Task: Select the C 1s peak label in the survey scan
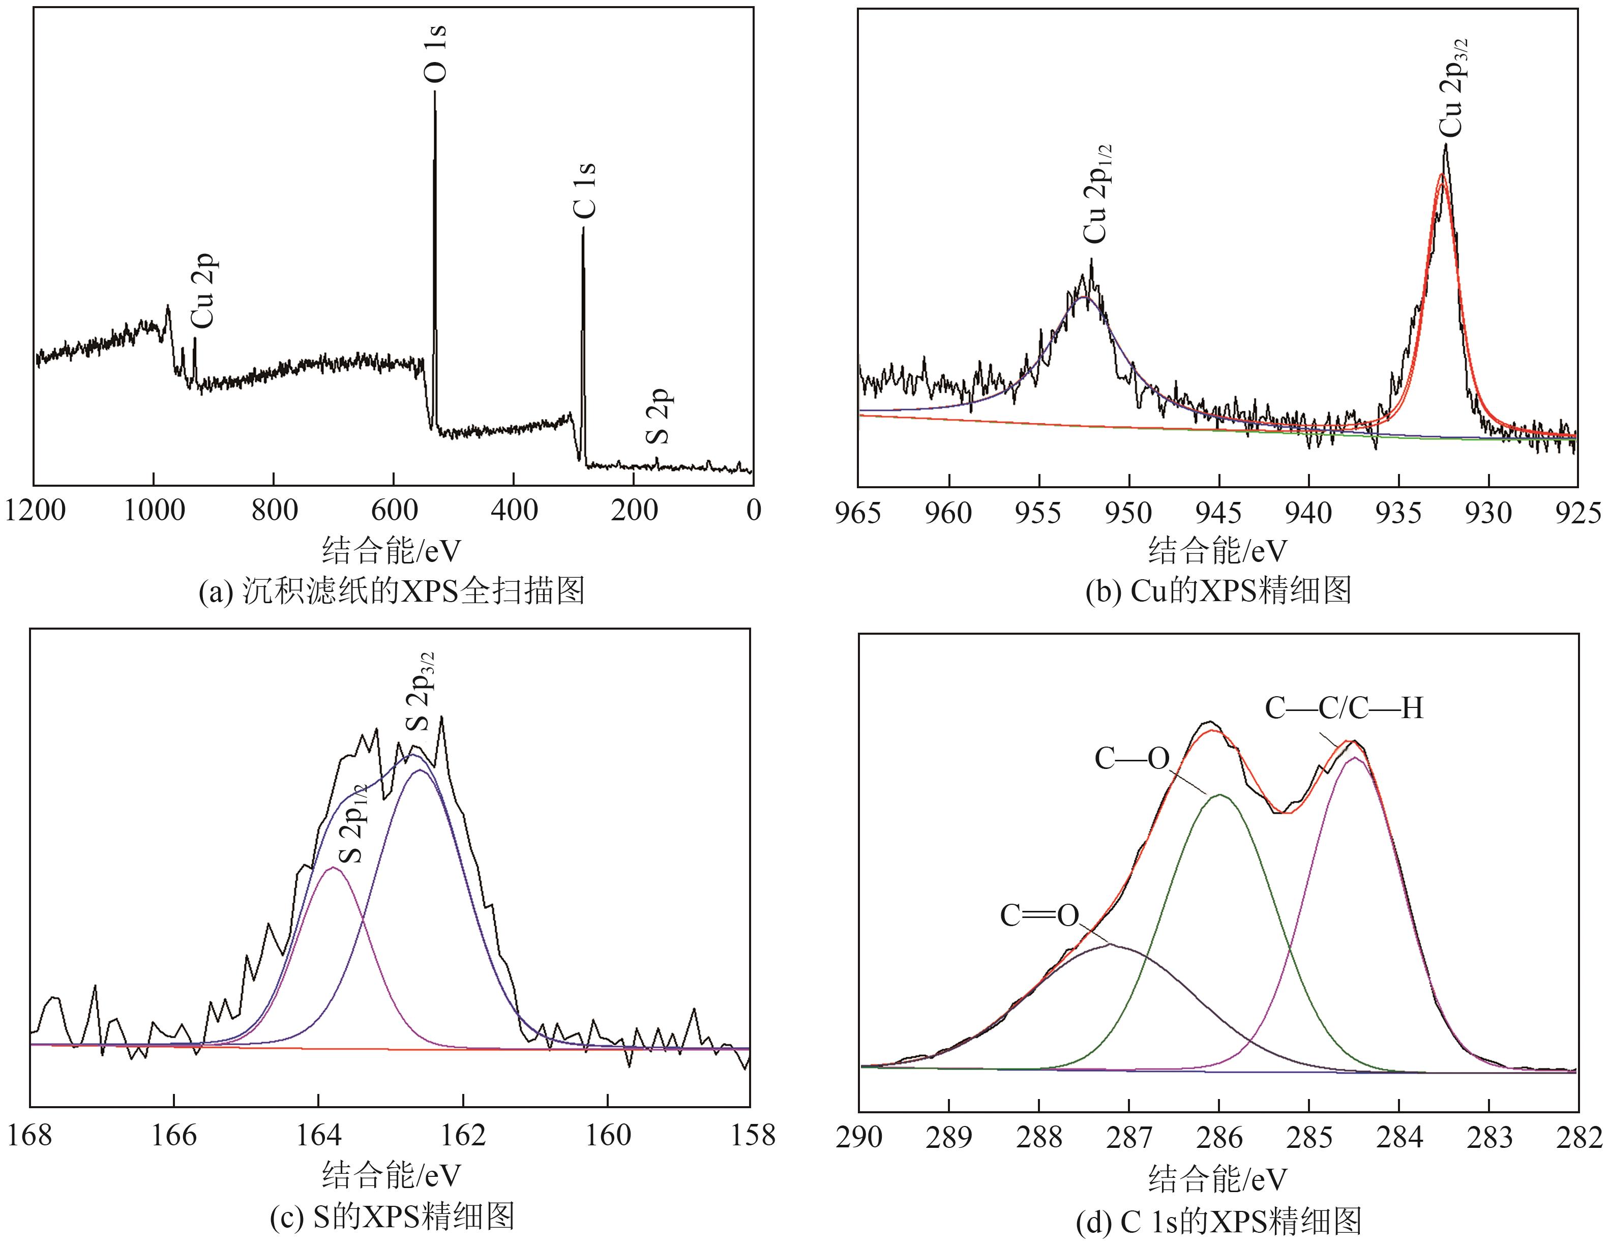pyautogui.click(x=584, y=190)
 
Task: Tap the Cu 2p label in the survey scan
pyautogui.click(x=202, y=291)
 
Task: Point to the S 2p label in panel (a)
pyautogui.click(x=658, y=416)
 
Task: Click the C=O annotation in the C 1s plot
pyautogui.click(x=1039, y=916)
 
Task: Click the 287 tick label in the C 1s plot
pyautogui.click(x=1128, y=1138)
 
